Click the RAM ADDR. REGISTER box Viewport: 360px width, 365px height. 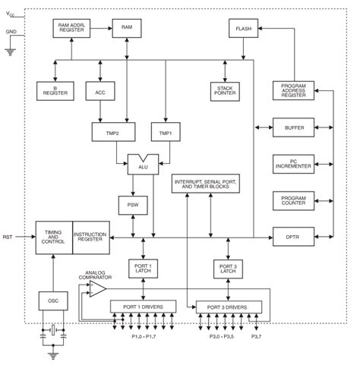(72, 28)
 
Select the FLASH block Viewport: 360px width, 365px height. (243, 28)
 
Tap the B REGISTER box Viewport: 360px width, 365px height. (55, 90)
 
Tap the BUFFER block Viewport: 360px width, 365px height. (292, 128)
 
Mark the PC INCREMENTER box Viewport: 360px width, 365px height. (292, 163)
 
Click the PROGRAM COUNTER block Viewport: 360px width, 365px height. (292, 200)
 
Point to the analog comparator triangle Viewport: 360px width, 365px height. (96, 289)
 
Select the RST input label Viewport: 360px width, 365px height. (8, 238)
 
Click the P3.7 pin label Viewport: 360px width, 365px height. (257, 336)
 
